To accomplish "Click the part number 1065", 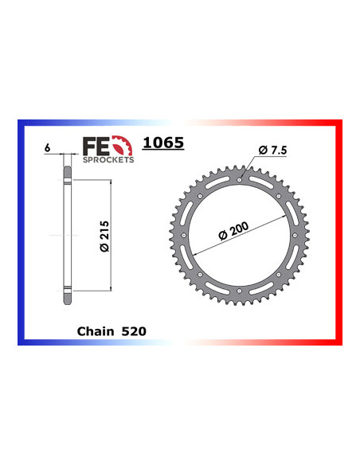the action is (163, 143).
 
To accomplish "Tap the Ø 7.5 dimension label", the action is (272, 150).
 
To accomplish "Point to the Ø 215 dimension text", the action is (104, 236).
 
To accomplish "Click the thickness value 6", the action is (48, 148).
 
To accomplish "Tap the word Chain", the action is (96, 331).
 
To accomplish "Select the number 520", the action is (134, 331).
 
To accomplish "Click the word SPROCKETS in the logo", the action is (108, 160).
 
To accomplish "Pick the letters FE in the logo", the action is (96, 146).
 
